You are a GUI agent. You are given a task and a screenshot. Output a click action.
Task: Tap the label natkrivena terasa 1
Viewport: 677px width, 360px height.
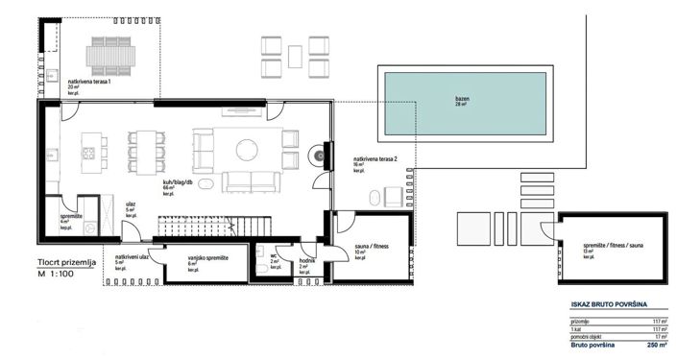89,83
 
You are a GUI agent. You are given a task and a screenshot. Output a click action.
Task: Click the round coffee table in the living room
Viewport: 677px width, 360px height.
247,148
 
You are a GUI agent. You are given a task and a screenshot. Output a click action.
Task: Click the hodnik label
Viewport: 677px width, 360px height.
305,260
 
